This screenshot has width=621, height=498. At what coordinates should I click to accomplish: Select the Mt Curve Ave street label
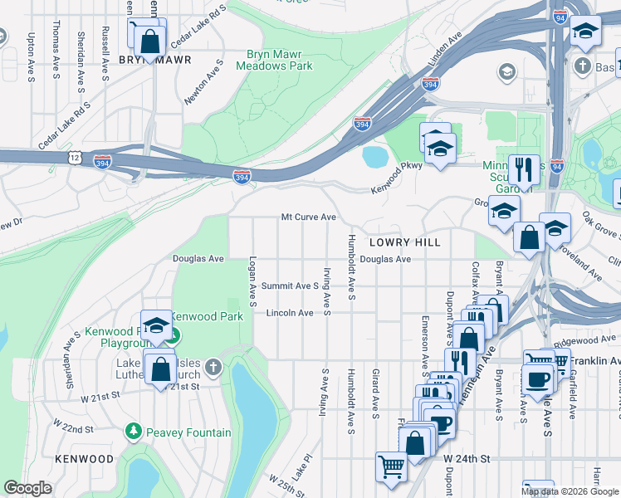point(308,217)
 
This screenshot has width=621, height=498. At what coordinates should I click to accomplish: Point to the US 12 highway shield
point(76,157)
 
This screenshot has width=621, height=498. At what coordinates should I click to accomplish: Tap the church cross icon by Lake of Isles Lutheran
point(213,366)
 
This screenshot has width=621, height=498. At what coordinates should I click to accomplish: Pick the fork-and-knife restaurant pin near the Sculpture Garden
point(523,170)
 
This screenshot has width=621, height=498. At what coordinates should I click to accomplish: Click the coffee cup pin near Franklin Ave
point(539,378)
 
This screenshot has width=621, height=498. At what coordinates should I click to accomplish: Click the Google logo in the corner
point(28,488)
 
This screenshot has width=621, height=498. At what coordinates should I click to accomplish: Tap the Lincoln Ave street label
point(290,313)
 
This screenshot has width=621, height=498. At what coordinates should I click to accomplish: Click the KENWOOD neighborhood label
point(84,459)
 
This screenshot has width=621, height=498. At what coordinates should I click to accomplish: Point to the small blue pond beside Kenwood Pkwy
point(375,155)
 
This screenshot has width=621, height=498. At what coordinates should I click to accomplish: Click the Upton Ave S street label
point(31,57)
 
